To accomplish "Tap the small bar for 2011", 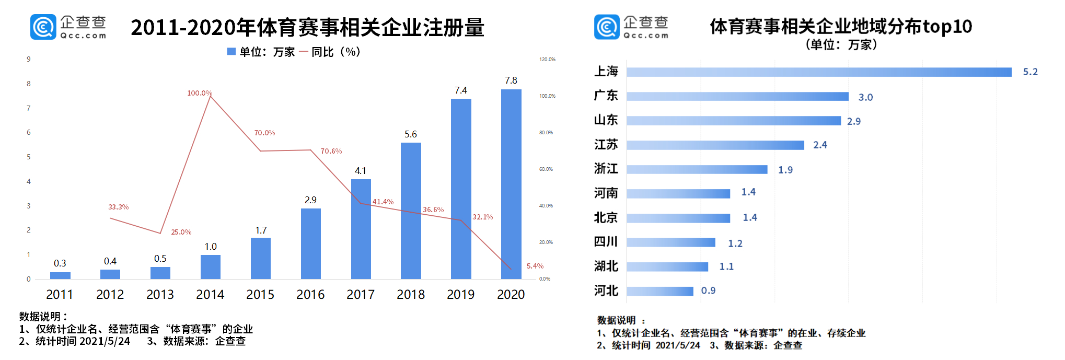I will click(x=60, y=275).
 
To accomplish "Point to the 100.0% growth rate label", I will click(x=200, y=93).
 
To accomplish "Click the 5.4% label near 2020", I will click(x=535, y=266).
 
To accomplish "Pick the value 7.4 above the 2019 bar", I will click(x=461, y=90).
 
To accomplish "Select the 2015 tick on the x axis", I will click(x=260, y=295).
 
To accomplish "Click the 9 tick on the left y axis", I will click(x=29, y=59).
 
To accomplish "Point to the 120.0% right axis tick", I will click(x=547, y=60).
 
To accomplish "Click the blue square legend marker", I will click(x=231, y=52).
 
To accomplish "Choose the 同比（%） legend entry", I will click(x=335, y=52).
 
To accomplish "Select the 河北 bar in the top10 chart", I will click(x=660, y=291).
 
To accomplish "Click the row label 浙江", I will click(x=606, y=169).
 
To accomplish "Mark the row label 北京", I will click(x=606, y=217).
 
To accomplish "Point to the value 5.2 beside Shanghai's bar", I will click(x=1030, y=72).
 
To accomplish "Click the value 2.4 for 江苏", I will click(x=820, y=145).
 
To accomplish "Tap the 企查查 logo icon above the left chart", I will click(x=43, y=27).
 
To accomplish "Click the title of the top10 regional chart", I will click(x=841, y=27).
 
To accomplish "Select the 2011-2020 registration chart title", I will click(x=307, y=28).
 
